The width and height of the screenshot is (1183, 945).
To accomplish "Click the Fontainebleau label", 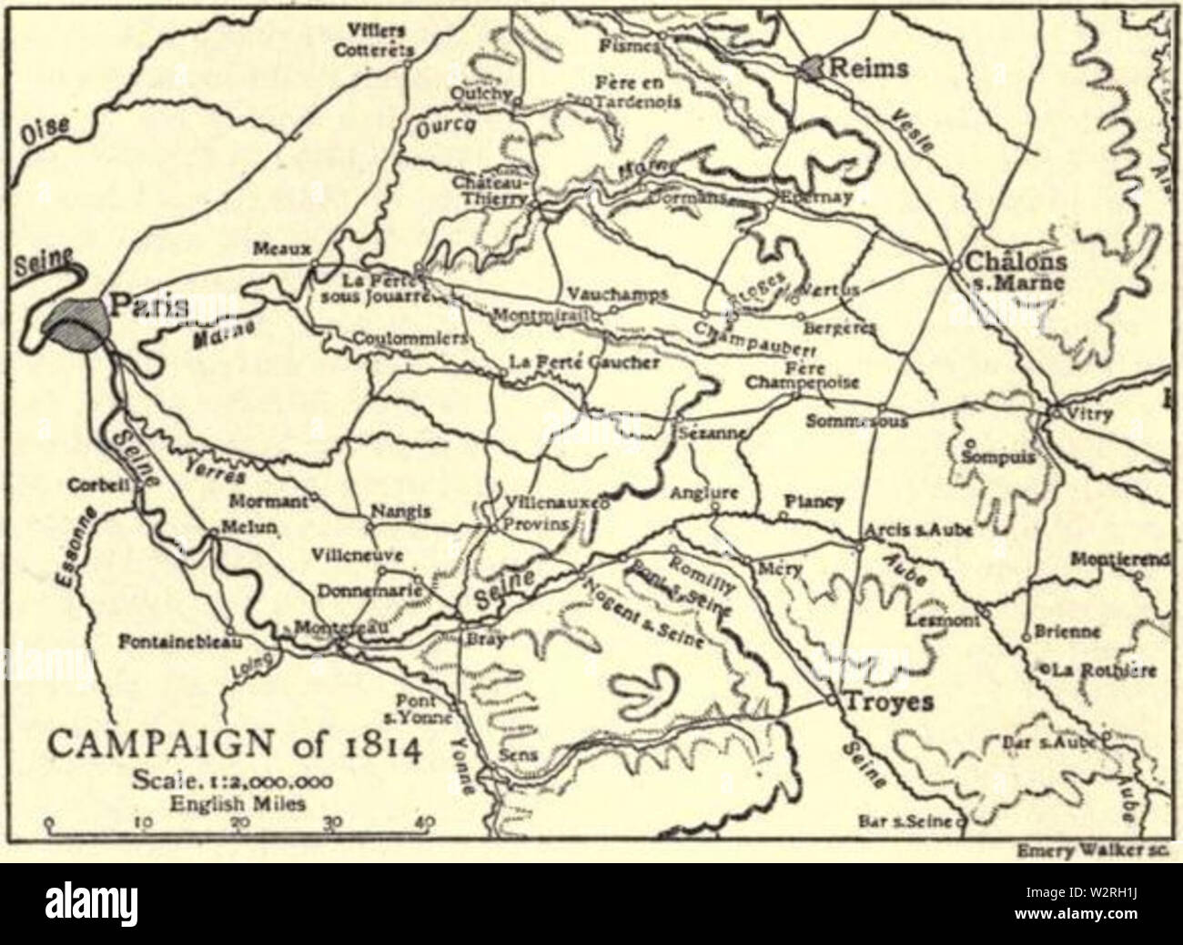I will [x=178, y=641].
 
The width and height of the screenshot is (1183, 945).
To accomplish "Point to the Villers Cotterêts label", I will [x=375, y=40].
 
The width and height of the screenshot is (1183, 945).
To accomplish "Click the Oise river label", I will [x=44, y=134].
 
